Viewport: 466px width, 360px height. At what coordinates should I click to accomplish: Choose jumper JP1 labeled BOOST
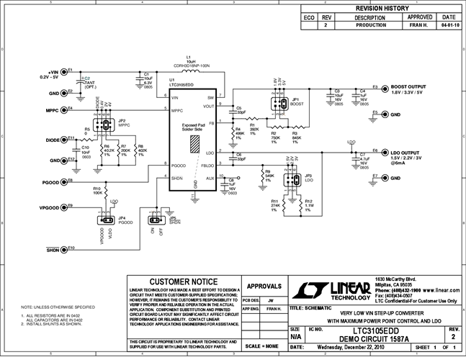[277, 105]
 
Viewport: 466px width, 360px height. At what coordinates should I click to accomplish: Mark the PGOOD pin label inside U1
[180, 166]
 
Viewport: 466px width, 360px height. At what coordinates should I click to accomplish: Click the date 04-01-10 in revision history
[449, 24]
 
